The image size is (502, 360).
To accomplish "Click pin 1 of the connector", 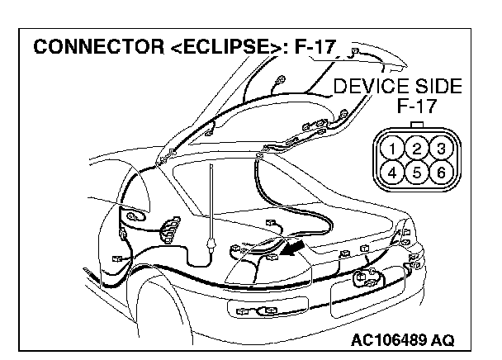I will coord(395,149).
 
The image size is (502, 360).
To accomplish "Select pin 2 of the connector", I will coord(418,149).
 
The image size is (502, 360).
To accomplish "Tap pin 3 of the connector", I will coord(441,149).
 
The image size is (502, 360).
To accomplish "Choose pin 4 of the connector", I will coord(395,173).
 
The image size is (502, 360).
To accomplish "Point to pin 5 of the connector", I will coord(418,173).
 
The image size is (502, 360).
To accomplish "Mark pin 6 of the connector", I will coord(441,173).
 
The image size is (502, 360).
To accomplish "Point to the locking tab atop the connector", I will coord(418,126).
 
